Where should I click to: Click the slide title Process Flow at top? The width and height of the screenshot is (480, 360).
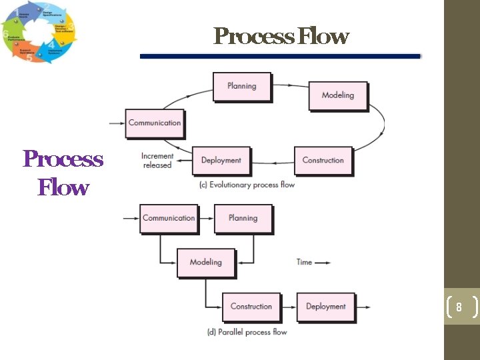(281, 36)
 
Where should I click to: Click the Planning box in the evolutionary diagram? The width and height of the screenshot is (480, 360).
(241, 86)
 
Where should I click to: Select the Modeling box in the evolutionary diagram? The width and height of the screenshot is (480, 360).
(337, 95)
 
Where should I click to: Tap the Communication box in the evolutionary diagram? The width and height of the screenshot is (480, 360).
(154, 123)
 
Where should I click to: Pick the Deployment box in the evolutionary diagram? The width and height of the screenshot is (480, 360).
(221, 161)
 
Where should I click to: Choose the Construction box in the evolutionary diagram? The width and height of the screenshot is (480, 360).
(323, 161)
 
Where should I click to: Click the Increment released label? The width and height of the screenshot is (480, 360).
(157, 161)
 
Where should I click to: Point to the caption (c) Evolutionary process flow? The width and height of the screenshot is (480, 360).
(247, 185)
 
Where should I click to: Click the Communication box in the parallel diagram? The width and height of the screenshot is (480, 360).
(169, 219)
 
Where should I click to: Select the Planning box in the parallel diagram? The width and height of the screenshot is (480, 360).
(243, 219)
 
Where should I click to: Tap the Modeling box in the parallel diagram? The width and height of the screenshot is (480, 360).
(205, 263)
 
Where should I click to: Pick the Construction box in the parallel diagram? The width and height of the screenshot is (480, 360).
(251, 307)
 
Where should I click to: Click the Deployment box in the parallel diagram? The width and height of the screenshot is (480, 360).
(325, 307)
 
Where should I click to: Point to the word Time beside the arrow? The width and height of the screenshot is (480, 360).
(304, 262)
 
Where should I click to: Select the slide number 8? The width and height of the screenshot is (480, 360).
(459, 307)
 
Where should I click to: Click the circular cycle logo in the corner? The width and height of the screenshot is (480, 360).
(39, 32)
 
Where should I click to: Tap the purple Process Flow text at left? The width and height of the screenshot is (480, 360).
(63, 173)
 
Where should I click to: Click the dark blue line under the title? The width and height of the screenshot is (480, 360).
(280, 57)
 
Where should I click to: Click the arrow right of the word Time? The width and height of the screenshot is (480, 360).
(323, 263)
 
